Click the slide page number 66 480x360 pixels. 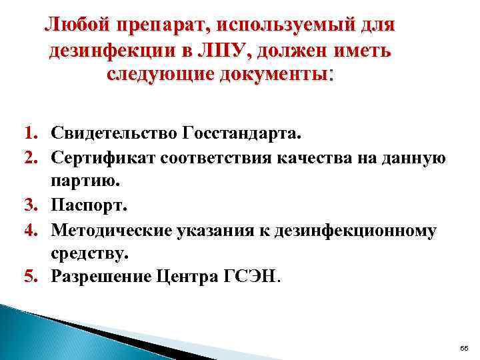pos(464,349)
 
